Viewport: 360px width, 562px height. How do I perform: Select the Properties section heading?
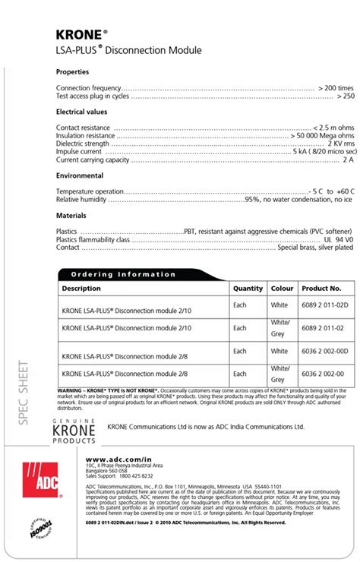click(74, 72)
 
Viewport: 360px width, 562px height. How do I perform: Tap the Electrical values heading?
click(81, 112)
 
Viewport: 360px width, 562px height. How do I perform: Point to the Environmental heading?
click(79, 175)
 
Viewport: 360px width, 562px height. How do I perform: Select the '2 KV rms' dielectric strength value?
click(339, 144)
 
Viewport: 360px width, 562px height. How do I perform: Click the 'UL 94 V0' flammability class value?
click(337, 239)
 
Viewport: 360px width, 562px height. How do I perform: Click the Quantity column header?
click(248, 289)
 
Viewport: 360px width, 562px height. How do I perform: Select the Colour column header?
click(282, 289)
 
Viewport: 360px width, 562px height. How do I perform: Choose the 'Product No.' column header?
click(321, 289)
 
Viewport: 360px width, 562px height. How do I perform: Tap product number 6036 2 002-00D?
click(324, 351)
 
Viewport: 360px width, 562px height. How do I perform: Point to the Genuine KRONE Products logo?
click(74, 431)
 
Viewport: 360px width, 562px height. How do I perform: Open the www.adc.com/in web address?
click(114, 459)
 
